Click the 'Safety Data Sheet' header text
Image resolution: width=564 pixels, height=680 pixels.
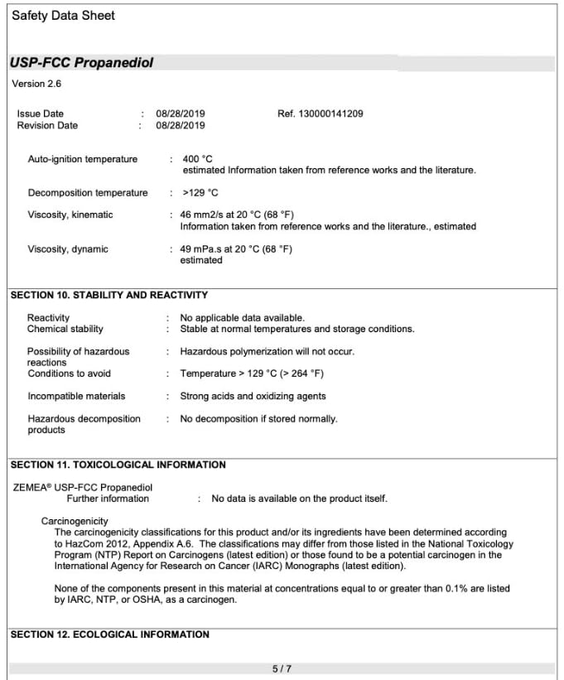(x=63, y=16)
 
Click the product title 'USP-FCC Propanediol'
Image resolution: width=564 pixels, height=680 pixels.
(x=82, y=63)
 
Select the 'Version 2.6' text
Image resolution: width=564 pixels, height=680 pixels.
(x=36, y=84)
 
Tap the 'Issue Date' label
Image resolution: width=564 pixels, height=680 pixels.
(x=40, y=113)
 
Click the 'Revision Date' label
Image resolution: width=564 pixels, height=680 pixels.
(x=47, y=126)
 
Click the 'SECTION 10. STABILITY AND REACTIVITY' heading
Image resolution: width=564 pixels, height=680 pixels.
(x=108, y=295)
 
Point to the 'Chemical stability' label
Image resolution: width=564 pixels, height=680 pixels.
(x=65, y=330)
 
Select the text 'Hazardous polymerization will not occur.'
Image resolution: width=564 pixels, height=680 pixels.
(x=267, y=352)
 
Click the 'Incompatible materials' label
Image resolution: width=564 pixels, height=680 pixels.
(x=76, y=397)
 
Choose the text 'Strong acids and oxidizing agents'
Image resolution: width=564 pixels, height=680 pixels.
(x=253, y=397)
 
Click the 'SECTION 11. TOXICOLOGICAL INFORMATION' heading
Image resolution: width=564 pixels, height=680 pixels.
(x=118, y=465)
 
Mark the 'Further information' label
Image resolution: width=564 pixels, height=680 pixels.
(x=108, y=499)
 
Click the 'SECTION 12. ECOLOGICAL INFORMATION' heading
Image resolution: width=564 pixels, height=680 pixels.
(x=109, y=634)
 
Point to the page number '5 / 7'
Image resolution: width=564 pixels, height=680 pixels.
(x=282, y=668)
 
